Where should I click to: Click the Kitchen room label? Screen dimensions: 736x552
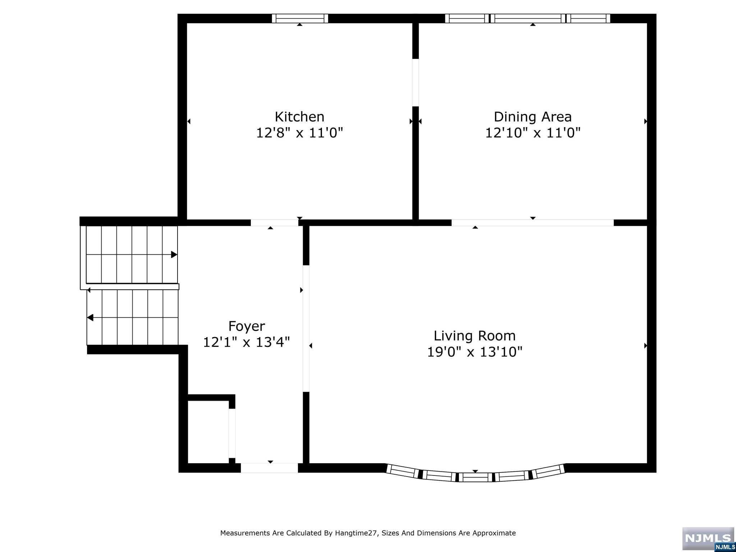point(299,117)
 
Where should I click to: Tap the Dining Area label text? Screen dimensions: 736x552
point(533,117)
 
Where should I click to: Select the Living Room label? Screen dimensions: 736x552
point(474,336)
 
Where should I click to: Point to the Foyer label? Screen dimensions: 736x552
point(247,326)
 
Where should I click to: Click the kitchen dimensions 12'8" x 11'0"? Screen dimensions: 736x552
point(299,133)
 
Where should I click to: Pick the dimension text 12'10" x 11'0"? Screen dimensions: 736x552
point(533,133)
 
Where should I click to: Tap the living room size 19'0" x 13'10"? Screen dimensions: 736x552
point(474,351)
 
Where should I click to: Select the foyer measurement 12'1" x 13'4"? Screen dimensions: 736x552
point(247,342)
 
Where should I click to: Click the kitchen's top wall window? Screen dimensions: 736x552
point(300,18)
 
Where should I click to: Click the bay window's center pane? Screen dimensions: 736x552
point(475,477)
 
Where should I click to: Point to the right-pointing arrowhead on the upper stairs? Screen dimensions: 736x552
point(174,255)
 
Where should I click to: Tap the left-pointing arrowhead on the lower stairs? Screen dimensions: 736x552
point(90,318)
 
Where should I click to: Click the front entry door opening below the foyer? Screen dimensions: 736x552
point(269,468)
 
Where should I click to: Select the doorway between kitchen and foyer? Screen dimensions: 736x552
point(275,223)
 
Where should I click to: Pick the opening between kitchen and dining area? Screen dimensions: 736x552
point(415,83)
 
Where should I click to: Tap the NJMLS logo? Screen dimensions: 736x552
point(708,538)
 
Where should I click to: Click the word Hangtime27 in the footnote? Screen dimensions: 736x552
point(356,533)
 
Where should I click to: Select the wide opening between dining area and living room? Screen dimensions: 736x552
point(533,223)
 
